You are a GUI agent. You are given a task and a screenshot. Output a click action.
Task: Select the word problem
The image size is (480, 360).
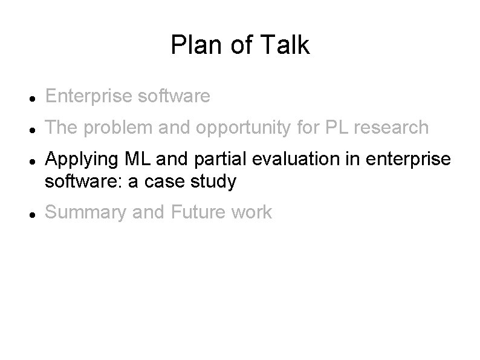pyautogui.click(x=113, y=128)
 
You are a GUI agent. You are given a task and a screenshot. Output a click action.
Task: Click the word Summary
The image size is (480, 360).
pyautogui.click(x=83, y=213)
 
